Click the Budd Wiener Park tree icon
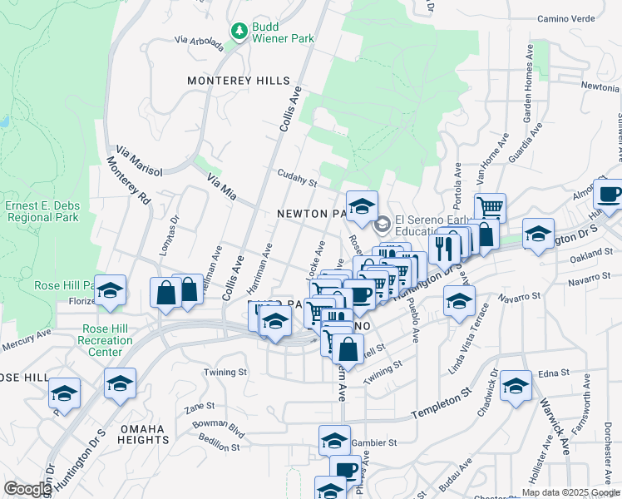pyautogui.click(x=239, y=31)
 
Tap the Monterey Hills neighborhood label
pyautogui.click(x=239, y=81)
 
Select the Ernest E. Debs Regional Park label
pyautogui.click(x=42, y=211)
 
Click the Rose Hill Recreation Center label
pyautogui.click(x=106, y=340)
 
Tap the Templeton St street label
pyautogui.click(x=442, y=403)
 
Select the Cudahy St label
pyautogui.click(x=298, y=178)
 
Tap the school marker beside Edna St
pyautogui.click(x=516, y=387)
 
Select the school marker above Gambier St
pyautogui.click(x=334, y=440)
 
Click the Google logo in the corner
pyautogui.click(x=27, y=489)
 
